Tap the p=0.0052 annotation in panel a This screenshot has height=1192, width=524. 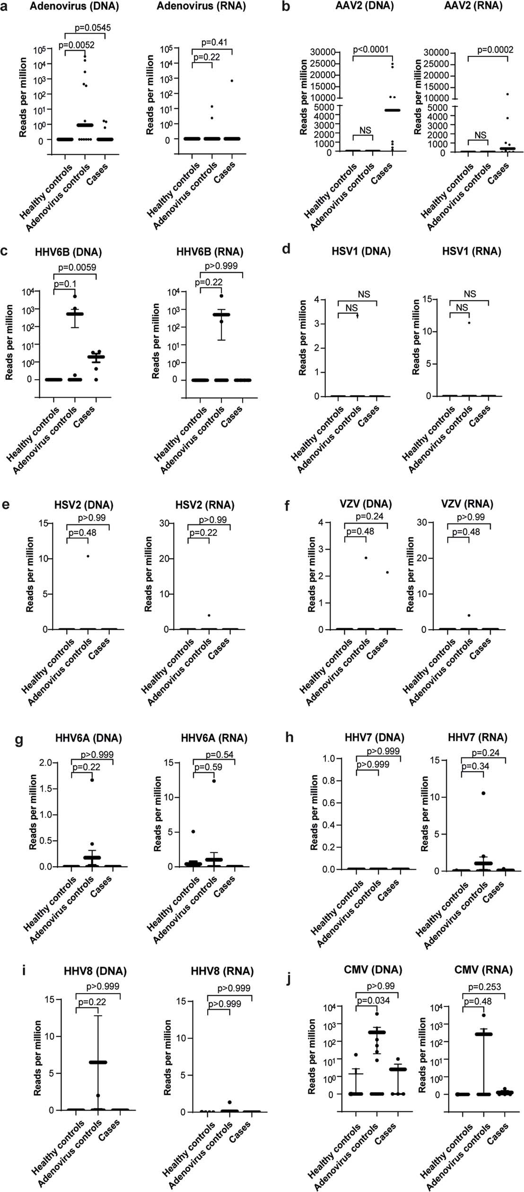tap(76, 45)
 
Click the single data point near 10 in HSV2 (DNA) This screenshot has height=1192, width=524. tap(88, 556)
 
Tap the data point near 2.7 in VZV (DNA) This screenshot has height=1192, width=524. tap(366, 558)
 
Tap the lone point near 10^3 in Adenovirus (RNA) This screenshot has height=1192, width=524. tap(232, 80)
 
